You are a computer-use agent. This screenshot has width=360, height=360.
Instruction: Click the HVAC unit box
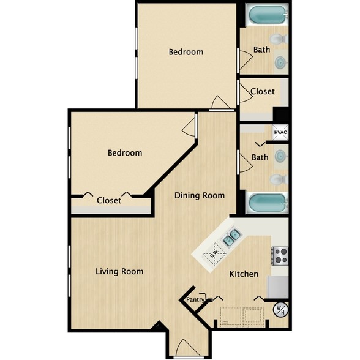pos(280,132)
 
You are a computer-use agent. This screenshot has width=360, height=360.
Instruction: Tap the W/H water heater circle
pos(280,310)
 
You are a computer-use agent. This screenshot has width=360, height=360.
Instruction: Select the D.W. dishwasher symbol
pos(214,254)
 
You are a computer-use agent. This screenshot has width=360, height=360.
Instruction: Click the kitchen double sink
pos(231,238)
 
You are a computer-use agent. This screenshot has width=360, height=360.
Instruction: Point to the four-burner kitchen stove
pos(280,256)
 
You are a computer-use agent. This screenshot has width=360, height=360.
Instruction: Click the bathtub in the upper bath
pos(268,15)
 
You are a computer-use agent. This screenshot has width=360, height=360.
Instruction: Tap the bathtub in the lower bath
pos(268,203)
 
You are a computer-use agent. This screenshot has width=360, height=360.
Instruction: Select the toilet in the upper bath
pos(279,39)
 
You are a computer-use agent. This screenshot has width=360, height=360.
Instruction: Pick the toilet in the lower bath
pos(279,179)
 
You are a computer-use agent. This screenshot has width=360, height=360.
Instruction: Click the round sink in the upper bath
pos(280,62)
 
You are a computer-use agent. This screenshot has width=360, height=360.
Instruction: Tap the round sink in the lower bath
pos(280,156)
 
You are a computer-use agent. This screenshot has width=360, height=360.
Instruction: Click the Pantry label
pos(195,300)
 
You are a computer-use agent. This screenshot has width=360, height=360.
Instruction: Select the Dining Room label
pos(200,196)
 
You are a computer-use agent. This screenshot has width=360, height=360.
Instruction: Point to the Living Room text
pos(119,272)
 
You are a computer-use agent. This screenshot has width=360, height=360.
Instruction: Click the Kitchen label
pos(244,274)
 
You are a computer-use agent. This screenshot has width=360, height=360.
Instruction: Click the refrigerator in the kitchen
pos(278,287)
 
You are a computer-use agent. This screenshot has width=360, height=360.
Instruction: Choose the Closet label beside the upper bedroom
pos(263,92)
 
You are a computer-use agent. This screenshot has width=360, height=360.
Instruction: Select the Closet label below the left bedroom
pos(109,200)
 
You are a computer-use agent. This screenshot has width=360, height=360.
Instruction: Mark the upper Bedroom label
pos(186,52)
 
